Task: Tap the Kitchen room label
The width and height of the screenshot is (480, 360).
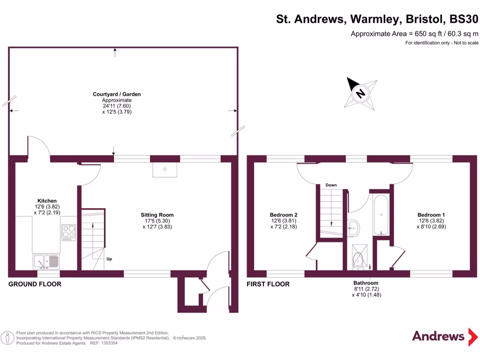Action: click(47, 201)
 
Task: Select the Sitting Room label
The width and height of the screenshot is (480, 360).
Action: click(157, 215)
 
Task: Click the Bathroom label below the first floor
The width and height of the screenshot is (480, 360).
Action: click(366, 283)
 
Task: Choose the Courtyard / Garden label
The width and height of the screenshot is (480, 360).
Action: click(117, 94)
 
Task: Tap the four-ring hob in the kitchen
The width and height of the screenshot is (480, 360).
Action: click(68, 232)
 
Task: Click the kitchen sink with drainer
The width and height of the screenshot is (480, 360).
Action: click(46, 260)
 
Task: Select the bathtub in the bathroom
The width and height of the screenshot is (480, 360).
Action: click(381, 215)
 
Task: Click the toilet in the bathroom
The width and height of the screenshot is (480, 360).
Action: click(359, 260)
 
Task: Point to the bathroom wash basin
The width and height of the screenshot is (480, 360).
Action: click(354, 228)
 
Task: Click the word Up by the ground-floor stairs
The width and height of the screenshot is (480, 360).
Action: click(109, 259)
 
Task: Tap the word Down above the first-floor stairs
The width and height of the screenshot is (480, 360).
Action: click(331, 185)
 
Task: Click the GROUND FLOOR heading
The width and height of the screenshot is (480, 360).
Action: click(35, 284)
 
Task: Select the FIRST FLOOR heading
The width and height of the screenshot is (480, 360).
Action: click(268, 284)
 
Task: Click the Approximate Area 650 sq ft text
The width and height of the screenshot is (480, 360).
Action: click(414, 34)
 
